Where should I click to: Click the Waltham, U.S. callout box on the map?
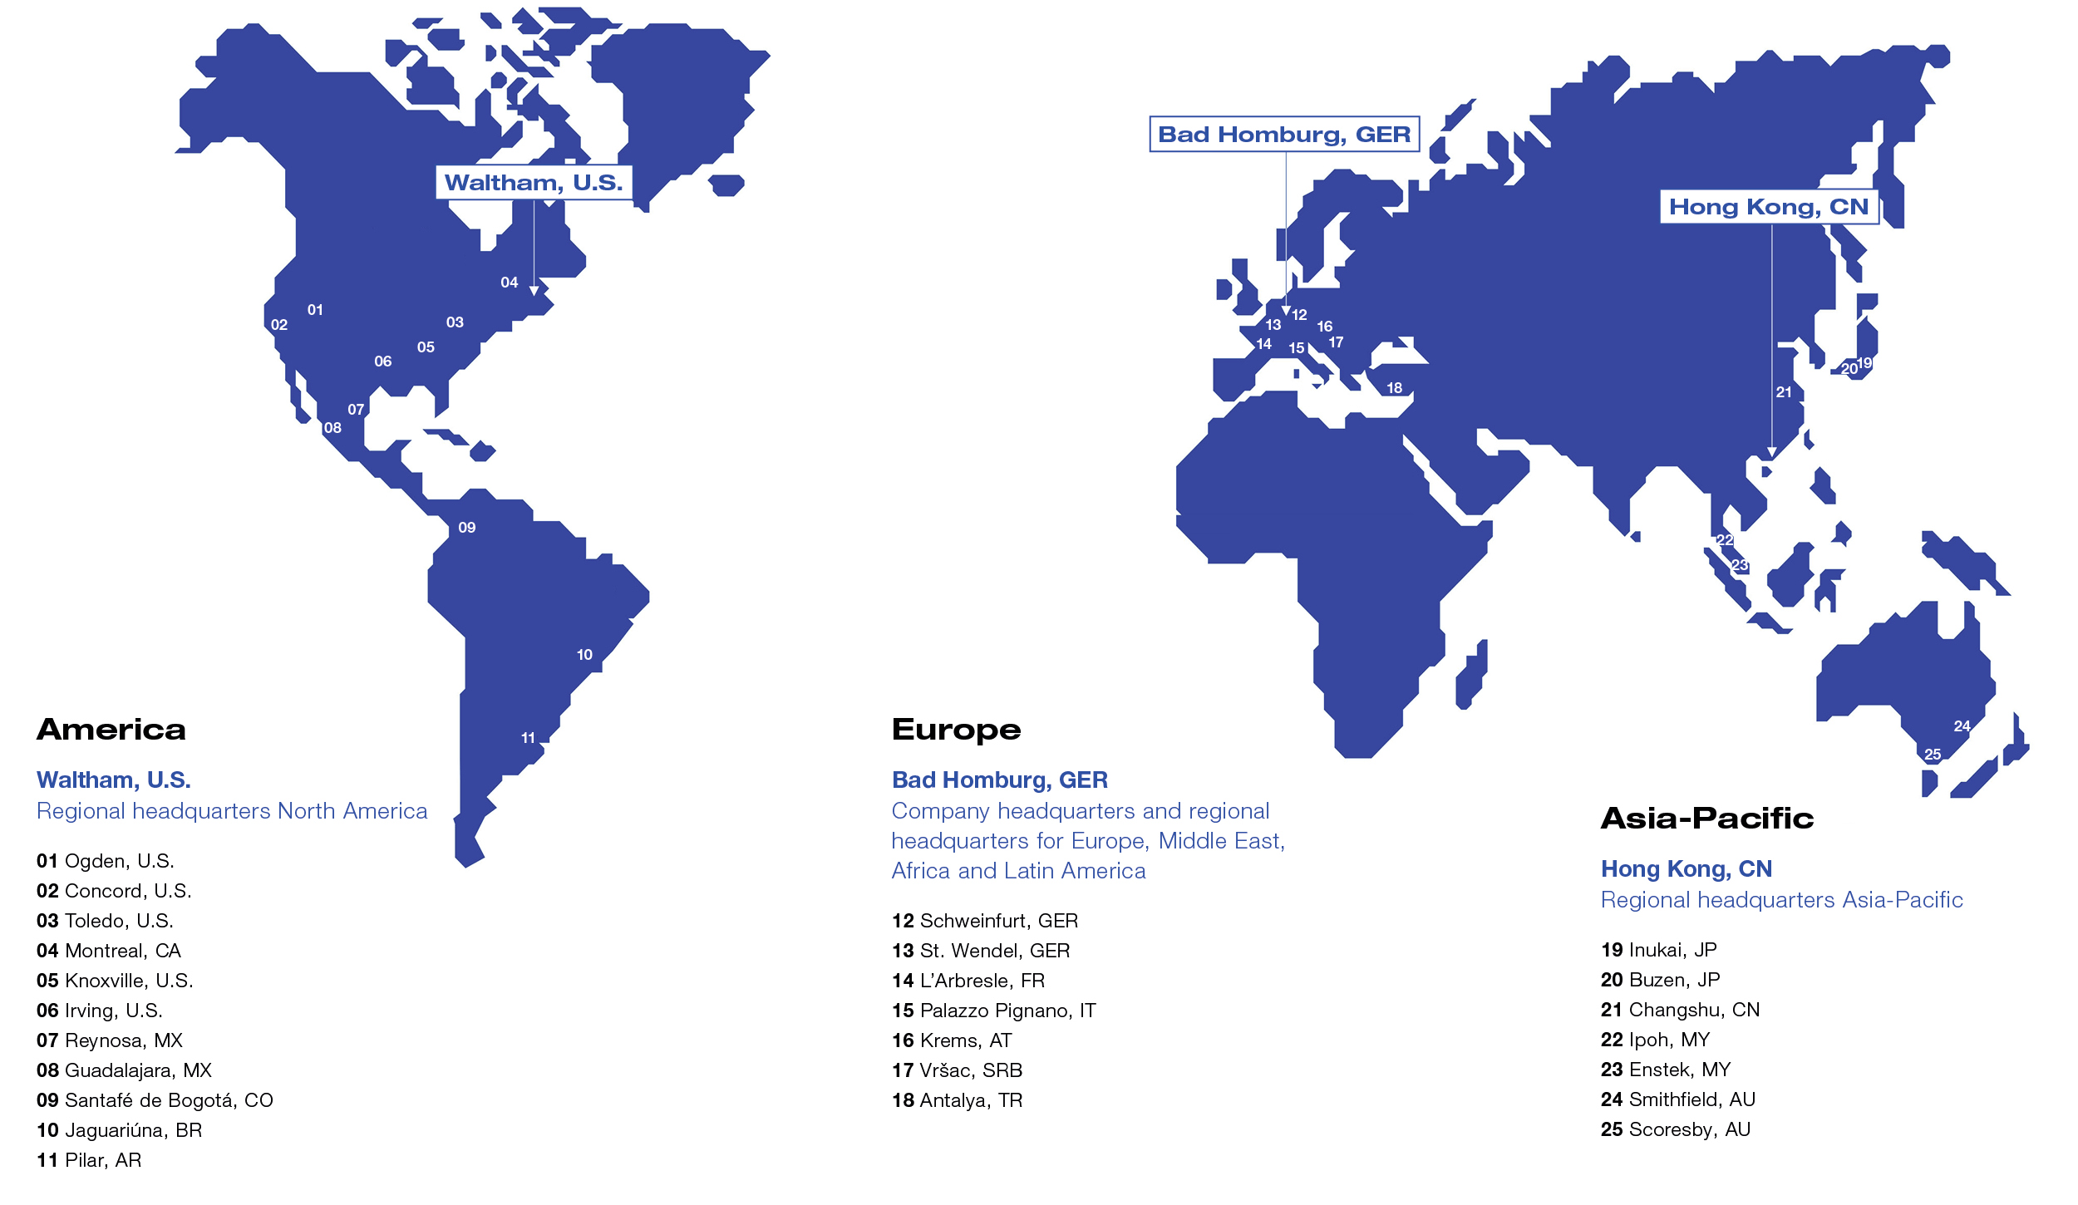tap(534, 183)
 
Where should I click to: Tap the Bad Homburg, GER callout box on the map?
tap(1284, 135)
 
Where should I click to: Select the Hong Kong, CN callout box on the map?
tap(1769, 207)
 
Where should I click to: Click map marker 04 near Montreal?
tap(510, 283)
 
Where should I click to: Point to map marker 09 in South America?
tap(467, 528)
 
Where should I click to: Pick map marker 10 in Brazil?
tap(584, 655)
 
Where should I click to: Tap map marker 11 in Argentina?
tap(528, 738)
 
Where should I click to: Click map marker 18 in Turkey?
tap(1394, 388)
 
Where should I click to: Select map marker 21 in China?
tap(1784, 392)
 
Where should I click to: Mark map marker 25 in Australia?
tap(1933, 755)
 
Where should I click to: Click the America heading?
tap(111, 730)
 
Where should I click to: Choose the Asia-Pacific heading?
tap(1707, 819)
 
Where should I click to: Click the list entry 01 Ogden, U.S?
tap(106, 861)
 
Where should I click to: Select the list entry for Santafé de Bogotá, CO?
tap(155, 1100)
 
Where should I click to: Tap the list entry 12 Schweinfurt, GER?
tap(985, 921)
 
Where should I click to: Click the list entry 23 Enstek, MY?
tap(1666, 1070)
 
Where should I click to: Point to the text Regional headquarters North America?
tap(232, 811)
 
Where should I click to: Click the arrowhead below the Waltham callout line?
tap(534, 291)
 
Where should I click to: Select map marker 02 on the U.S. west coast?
tap(279, 325)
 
